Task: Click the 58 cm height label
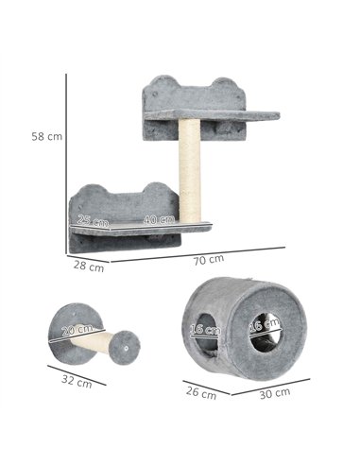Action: point(47,137)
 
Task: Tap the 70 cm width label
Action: point(209,260)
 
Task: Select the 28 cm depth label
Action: point(89,267)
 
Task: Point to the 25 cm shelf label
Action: point(93,220)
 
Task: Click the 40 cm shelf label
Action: point(159,219)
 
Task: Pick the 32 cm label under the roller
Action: point(77,382)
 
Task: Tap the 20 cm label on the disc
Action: point(77,331)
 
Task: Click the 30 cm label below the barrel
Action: point(275,393)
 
